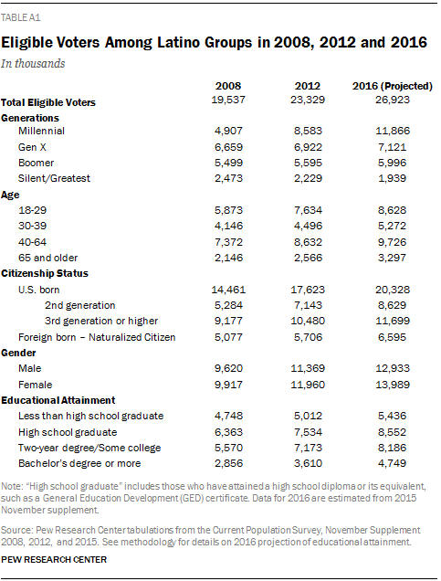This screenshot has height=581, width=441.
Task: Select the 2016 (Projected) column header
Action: click(393, 86)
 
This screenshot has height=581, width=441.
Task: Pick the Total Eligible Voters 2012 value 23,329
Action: click(310, 101)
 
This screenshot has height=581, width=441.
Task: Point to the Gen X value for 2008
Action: click(230, 148)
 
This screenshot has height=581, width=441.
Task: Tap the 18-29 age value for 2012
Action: click(310, 210)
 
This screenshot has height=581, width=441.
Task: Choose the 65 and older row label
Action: click(49, 257)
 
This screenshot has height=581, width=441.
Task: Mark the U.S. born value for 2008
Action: click(230, 289)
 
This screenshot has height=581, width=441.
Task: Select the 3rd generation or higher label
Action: click(100, 320)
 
